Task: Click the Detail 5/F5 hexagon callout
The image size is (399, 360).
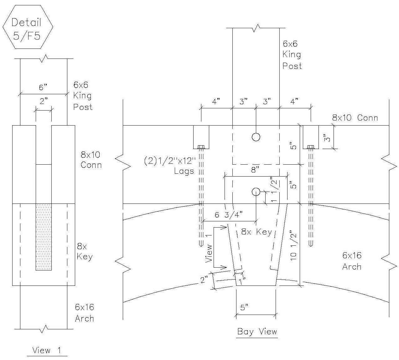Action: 28,27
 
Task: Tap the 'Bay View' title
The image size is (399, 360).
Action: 257,332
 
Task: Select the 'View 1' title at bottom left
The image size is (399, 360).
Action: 47,350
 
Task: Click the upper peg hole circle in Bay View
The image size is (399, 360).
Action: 256,137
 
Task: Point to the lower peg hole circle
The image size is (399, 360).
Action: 256,192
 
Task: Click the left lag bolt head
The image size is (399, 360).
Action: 201,147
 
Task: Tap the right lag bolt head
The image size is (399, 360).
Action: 310,147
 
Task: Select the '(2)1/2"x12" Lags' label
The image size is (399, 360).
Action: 170,166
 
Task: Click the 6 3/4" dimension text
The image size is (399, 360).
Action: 229,215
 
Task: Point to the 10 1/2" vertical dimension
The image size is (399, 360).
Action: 293,245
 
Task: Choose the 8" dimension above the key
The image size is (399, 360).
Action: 255,170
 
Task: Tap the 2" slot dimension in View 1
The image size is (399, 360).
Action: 44,101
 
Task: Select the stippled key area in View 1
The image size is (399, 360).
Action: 44,237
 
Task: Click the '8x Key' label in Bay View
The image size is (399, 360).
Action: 256,232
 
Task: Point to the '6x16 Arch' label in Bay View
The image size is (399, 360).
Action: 352,261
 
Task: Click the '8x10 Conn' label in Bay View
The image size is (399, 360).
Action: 355,118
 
